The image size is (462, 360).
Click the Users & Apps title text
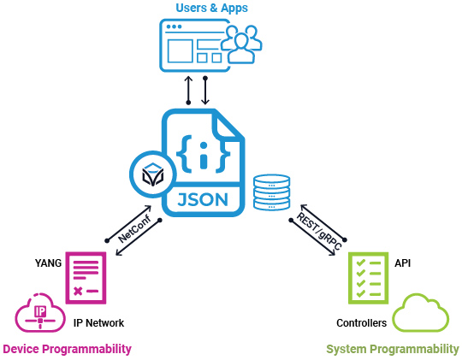pyautogui.click(x=211, y=9)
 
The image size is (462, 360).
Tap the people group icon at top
pyautogui.click(x=241, y=44)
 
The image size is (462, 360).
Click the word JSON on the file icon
pyautogui.click(x=201, y=200)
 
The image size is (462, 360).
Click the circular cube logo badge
pyautogui.click(x=152, y=175)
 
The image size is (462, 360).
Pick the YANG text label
pyautogui.click(x=49, y=263)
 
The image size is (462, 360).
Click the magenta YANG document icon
pyautogui.click(x=86, y=277)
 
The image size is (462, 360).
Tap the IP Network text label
pyautogui.click(x=99, y=323)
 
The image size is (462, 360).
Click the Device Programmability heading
pyautogui.click(x=68, y=349)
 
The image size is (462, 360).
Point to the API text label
pyautogui.click(x=403, y=263)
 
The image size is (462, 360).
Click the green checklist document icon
pyautogui.click(x=368, y=277)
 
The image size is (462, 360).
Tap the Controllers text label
pyautogui.click(x=361, y=323)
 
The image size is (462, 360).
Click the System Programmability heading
pyautogui.click(x=393, y=349)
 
